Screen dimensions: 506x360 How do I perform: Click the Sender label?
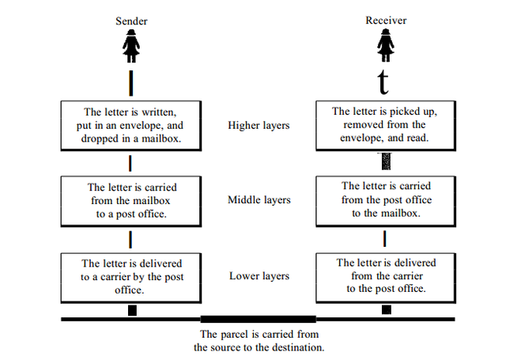(131, 21)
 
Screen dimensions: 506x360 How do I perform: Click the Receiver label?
(386, 21)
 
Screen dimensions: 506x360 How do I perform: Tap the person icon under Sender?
(131, 46)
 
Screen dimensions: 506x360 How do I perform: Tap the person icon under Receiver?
(386, 45)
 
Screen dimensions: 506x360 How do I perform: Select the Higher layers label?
(259, 125)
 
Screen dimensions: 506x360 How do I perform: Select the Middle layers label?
(259, 200)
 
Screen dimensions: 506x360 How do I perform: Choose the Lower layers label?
(259, 276)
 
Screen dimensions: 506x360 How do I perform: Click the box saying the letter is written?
(131, 126)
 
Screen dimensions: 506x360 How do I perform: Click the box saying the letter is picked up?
(386, 125)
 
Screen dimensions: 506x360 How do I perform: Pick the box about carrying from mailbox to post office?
(131, 201)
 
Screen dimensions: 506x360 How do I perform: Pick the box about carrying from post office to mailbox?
(386, 201)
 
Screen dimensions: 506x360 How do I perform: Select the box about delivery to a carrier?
(131, 278)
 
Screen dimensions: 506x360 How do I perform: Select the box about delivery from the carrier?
(386, 278)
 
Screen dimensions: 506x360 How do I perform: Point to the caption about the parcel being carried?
(259, 341)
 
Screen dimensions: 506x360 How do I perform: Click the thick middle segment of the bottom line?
(259, 320)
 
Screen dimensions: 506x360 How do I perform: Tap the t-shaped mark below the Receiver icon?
(383, 82)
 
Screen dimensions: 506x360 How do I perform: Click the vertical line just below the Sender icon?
(131, 83)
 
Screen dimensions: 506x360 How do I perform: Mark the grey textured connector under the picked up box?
(386, 161)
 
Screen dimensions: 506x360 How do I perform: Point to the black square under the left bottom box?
(132, 310)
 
